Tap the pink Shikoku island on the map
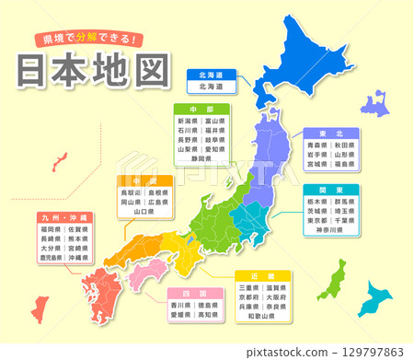(147, 271)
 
